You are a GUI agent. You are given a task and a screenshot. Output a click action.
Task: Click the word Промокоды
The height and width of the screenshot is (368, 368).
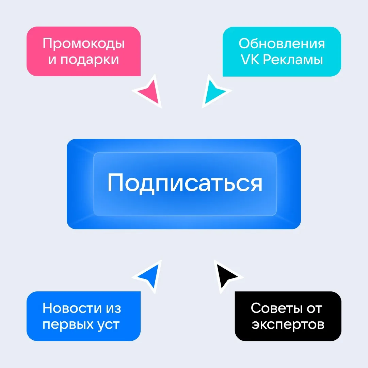click(x=83, y=44)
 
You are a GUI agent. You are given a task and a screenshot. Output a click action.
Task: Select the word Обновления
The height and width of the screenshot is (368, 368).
click(x=282, y=44)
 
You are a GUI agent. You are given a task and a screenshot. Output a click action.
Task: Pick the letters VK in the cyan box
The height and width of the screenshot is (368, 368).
click(x=250, y=60)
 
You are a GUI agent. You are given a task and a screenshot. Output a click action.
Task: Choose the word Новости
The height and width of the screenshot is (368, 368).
click(x=71, y=308)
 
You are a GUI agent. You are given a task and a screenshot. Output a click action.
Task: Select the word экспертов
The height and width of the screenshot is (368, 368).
click(x=288, y=325)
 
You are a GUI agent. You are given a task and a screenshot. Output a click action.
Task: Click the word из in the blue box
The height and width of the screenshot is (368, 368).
click(x=113, y=308)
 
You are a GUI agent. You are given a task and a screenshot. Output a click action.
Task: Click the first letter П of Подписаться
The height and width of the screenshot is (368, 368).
click(x=115, y=183)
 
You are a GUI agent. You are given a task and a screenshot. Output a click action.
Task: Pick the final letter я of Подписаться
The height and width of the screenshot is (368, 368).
click(x=255, y=184)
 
